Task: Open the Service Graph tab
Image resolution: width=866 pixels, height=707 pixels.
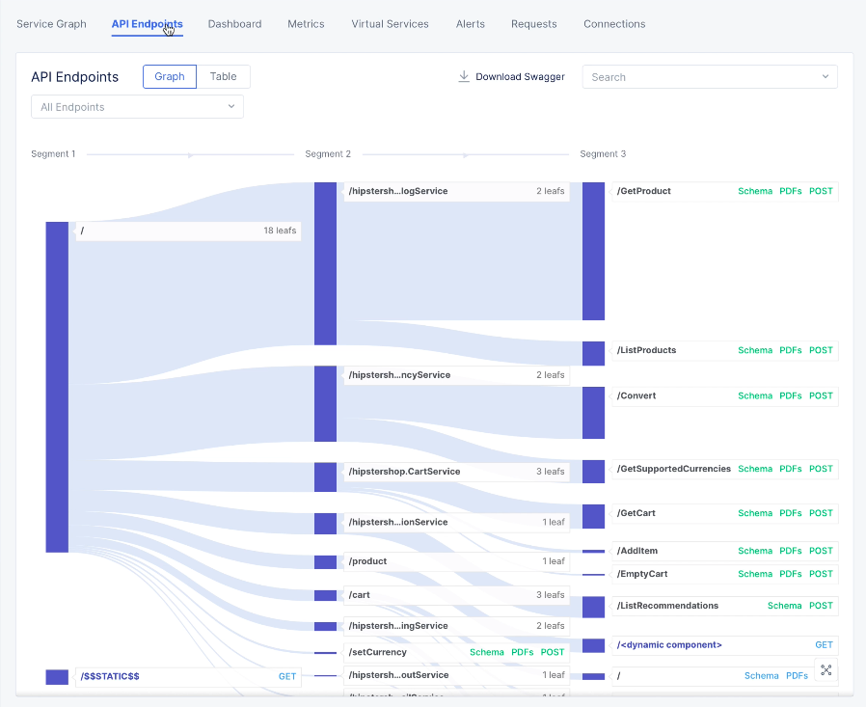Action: tap(51, 24)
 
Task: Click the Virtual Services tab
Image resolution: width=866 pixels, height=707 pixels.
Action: tap(390, 24)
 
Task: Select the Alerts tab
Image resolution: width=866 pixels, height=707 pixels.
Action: tap(470, 24)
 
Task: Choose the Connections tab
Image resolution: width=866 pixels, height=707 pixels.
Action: tap(614, 24)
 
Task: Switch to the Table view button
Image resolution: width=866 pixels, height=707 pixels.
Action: tap(223, 77)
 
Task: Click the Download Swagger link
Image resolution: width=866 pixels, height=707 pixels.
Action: tap(511, 77)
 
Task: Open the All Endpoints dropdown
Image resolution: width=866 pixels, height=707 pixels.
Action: tap(137, 107)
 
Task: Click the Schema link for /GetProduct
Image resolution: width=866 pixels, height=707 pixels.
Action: tap(755, 191)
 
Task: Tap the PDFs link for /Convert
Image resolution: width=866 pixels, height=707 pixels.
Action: tap(790, 396)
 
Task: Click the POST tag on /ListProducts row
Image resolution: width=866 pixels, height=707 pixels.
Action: tap(821, 351)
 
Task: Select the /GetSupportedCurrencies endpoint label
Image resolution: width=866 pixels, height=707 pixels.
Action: tap(674, 469)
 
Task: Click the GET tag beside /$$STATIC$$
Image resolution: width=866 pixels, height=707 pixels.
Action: tap(287, 677)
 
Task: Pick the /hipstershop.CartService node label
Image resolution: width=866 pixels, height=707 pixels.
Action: tap(404, 472)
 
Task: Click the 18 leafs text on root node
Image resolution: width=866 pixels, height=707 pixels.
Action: tap(280, 231)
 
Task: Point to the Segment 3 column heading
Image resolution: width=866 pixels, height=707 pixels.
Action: tap(603, 154)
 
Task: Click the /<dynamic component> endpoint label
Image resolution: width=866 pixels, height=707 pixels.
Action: tap(669, 645)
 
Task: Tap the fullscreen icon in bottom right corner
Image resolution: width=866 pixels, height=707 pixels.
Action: tap(826, 669)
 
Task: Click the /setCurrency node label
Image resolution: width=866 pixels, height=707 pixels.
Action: tap(378, 652)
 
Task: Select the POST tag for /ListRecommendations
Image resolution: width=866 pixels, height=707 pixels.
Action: tap(821, 607)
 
